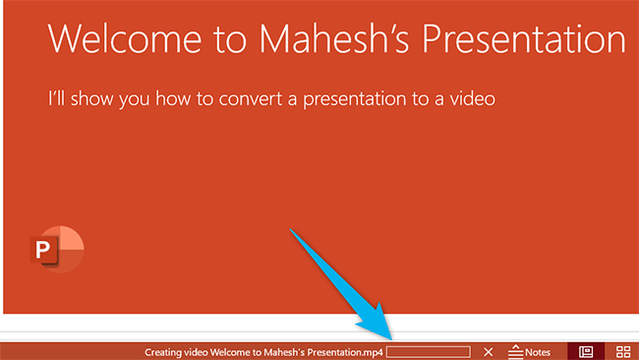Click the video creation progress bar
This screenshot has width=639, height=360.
point(429,351)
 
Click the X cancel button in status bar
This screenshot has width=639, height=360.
point(489,351)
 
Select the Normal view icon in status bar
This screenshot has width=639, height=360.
point(586,351)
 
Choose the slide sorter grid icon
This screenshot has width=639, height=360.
point(623,351)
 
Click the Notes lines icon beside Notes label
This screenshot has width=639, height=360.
point(514,351)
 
